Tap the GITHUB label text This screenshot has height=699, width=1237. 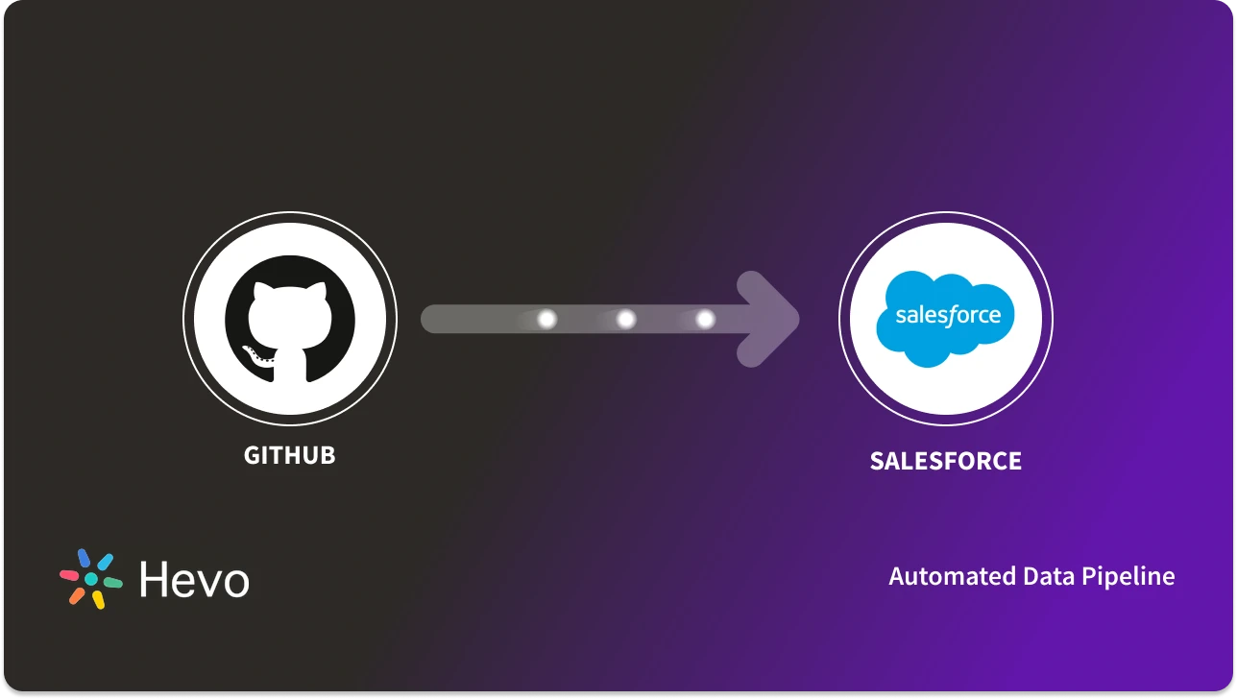coord(289,455)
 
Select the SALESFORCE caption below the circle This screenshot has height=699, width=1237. coord(945,462)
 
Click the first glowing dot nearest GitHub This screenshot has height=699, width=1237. coord(546,319)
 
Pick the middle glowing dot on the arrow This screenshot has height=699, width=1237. coord(625,319)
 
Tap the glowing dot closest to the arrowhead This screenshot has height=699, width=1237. coord(704,319)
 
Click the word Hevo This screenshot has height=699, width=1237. coord(193,580)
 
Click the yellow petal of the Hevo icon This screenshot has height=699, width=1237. coord(98,600)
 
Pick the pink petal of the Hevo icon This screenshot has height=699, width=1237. coord(69,575)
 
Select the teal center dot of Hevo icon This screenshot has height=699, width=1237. coord(91,579)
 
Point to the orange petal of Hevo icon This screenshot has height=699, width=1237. coord(77,596)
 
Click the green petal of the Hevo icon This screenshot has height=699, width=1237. coord(113,583)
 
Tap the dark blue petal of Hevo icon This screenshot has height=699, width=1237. coord(84,558)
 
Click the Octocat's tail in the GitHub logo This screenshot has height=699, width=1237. coord(254,356)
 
